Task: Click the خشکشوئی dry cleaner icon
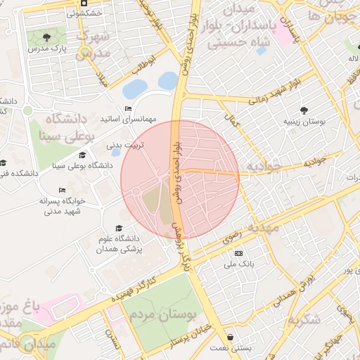click(84, 3)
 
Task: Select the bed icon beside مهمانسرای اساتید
click(127, 108)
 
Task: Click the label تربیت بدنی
click(125, 146)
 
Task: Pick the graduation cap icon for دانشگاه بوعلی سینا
click(82, 155)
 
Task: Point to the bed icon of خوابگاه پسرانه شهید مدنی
click(62, 190)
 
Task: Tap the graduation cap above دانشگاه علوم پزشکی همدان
click(118, 229)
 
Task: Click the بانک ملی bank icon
click(238, 253)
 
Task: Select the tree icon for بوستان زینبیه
click(304, 110)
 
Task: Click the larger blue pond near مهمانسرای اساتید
click(135, 88)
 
